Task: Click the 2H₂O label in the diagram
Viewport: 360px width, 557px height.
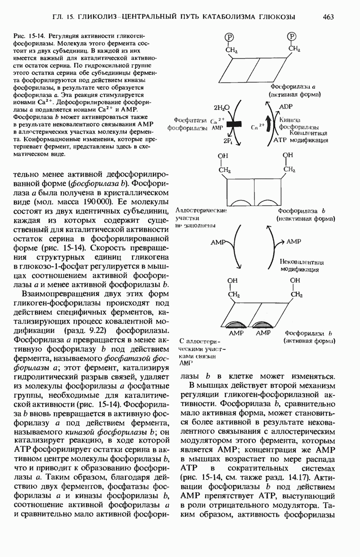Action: tap(222, 108)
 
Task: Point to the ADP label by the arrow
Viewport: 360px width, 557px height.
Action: tap(286, 107)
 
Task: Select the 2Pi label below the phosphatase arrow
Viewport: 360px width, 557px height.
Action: tap(228, 141)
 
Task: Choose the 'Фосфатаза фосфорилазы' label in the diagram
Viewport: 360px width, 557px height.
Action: tap(189, 124)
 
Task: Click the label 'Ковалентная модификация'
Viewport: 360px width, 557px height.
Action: tap(301, 137)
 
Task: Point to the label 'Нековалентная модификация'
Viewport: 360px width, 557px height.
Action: tap(301, 266)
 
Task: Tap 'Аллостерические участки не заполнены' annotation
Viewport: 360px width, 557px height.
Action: tap(200, 218)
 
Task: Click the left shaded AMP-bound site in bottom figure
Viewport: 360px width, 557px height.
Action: tap(238, 324)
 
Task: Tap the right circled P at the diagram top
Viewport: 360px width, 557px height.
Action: tap(292, 37)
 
